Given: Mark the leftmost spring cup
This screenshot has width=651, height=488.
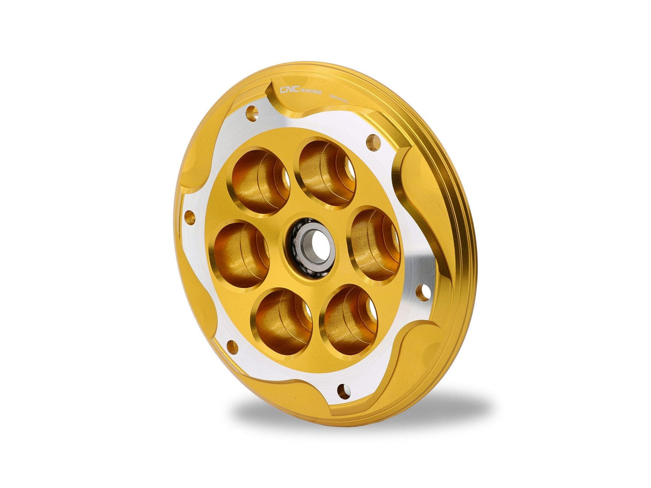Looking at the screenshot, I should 241,254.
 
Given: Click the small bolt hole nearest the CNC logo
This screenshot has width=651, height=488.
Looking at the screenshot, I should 253,111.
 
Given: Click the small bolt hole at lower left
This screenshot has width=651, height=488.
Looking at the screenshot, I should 232,346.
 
